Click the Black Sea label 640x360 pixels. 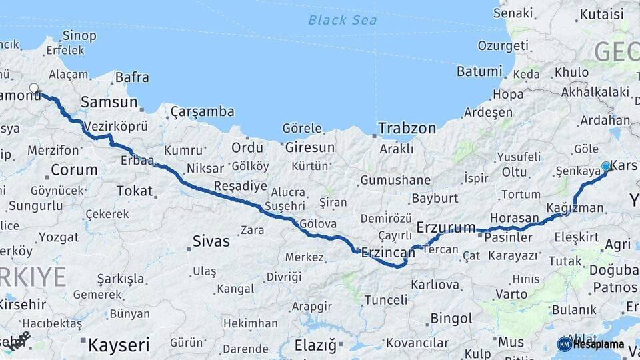[342, 20]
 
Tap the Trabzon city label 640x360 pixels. [407, 128]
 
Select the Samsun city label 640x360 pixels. [109, 102]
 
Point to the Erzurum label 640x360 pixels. [446, 227]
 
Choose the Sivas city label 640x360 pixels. [211, 241]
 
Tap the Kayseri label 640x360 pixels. [119, 345]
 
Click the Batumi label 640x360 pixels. [479, 71]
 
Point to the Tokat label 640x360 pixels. [135, 191]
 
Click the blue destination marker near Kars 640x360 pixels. [606, 166]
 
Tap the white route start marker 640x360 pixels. [34, 87]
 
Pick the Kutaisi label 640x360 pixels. [602, 14]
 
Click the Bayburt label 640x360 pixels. [435, 198]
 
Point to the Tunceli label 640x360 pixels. [385, 300]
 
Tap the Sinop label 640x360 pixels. [79, 35]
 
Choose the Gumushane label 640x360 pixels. [395, 180]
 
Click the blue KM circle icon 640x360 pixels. [565, 344]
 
